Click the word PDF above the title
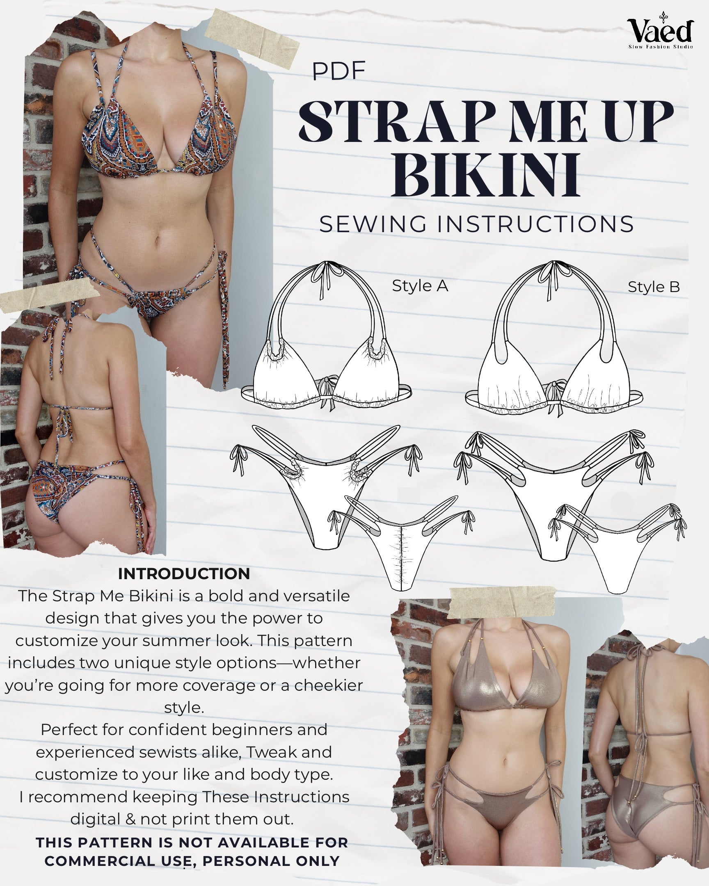click(338, 71)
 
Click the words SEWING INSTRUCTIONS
click(477, 224)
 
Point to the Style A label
click(420, 285)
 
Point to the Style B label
click(654, 287)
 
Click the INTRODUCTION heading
click(184, 574)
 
